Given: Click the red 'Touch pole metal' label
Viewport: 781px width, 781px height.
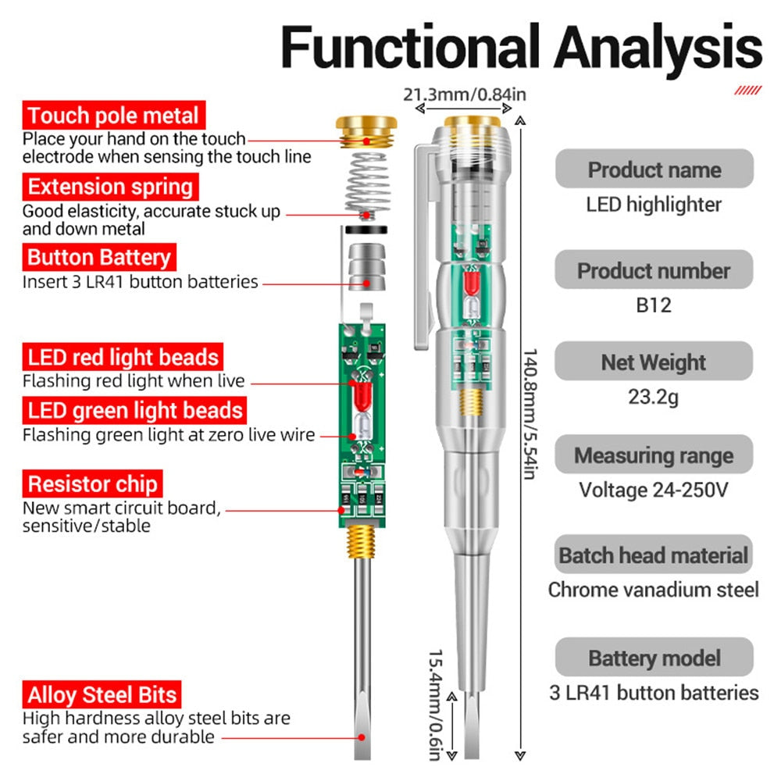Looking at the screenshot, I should [x=114, y=116].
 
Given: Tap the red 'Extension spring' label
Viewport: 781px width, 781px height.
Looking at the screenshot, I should [x=110, y=187].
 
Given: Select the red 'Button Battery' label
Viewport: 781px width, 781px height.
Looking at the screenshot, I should [x=99, y=257].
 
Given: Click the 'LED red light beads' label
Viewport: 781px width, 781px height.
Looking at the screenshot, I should [x=123, y=358].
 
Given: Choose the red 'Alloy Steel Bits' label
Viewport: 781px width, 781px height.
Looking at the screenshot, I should [x=102, y=694].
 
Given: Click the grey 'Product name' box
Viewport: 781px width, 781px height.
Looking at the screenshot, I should [x=654, y=169].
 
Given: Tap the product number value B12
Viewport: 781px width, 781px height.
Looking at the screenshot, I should [x=654, y=305].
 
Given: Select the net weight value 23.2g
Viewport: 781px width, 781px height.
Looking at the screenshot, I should [x=654, y=397].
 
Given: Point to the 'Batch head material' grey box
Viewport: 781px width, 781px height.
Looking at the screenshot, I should [x=654, y=556].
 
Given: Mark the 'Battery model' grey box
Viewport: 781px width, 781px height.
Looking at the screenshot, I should [x=654, y=658].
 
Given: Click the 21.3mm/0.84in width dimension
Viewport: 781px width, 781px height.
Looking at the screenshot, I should [x=465, y=95].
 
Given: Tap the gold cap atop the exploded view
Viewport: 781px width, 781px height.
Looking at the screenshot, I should [x=367, y=130].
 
